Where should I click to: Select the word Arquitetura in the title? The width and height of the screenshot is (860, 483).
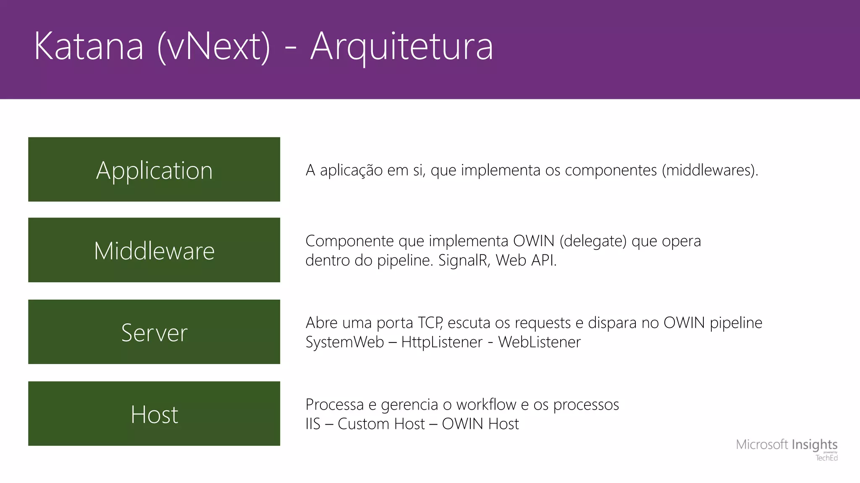pyautogui.click(x=401, y=47)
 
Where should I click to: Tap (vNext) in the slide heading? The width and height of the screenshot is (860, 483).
pyautogui.click(x=214, y=47)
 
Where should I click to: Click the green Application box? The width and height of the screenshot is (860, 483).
pyautogui.click(x=154, y=169)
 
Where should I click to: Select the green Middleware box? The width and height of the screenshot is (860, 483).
pyautogui.click(x=154, y=250)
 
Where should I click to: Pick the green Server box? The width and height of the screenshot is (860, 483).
pyautogui.click(x=154, y=332)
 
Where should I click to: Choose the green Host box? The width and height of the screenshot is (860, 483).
pyautogui.click(x=154, y=413)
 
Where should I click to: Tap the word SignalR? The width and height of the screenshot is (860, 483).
pyautogui.click(x=464, y=260)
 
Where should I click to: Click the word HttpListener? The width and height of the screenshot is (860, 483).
pyautogui.click(x=442, y=342)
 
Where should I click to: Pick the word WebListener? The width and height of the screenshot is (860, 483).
pyautogui.click(x=539, y=342)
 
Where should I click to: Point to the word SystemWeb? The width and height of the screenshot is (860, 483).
pyautogui.click(x=344, y=342)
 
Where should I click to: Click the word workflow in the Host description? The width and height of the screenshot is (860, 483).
pyautogui.click(x=486, y=405)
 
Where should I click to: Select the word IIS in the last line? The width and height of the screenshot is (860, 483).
pyautogui.click(x=313, y=424)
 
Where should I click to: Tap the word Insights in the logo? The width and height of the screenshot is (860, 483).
pyautogui.click(x=814, y=444)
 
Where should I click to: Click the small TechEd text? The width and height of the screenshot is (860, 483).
pyautogui.click(x=826, y=458)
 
